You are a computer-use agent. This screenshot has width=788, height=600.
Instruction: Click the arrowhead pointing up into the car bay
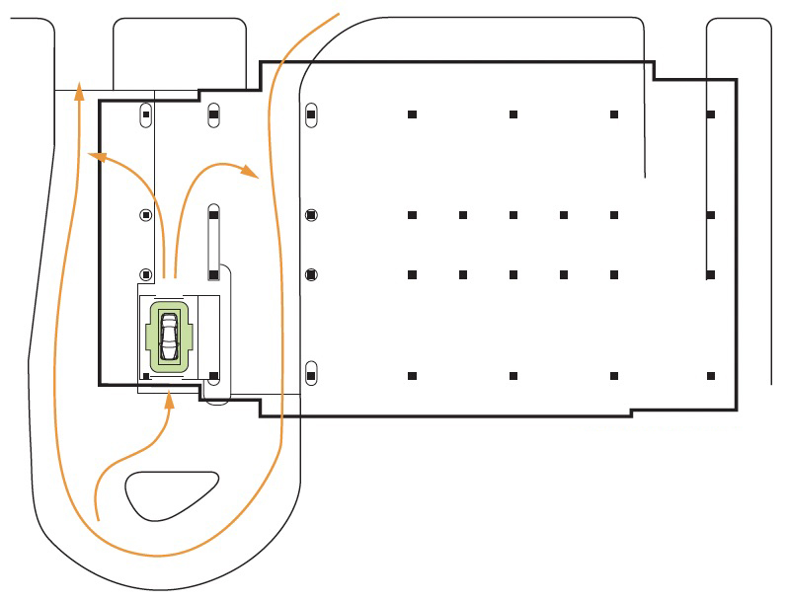(x=170, y=399)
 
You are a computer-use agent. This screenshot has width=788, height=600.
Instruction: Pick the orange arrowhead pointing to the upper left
(x=95, y=155)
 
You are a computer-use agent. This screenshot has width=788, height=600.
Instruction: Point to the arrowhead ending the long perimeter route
(x=79, y=94)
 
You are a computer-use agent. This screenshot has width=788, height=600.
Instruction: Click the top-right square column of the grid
(x=711, y=115)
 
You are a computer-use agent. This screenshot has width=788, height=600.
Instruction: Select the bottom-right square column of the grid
(x=711, y=376)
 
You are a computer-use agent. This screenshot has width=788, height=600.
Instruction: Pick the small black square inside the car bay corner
(x=146, y=376)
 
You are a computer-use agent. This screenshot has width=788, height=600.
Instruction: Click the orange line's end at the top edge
(x=339, y=14)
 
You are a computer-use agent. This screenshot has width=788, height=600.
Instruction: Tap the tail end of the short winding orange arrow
(x=96, y=518)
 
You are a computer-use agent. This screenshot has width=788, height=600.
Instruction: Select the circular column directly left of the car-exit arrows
(x=145, y=274)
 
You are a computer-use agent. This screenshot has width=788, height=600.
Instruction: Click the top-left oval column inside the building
(x=145, y=114)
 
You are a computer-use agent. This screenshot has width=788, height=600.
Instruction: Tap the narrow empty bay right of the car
(x=209, y=336)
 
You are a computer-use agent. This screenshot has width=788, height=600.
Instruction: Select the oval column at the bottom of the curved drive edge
(x=311, y=375)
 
